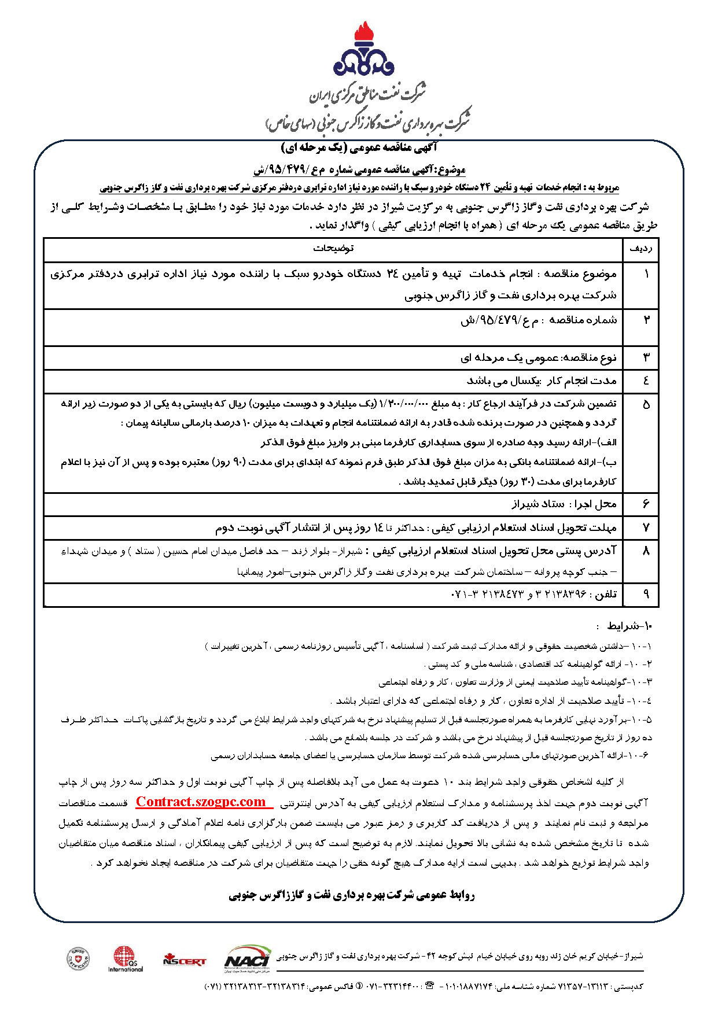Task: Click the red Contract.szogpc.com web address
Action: (201, 802)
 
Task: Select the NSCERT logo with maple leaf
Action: (184, 959)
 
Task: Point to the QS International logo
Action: (125, 958)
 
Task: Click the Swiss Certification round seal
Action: (78, 958)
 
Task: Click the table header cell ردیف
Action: (640, 249)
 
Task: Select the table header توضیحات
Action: (333, 249)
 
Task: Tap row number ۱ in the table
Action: (646, 274)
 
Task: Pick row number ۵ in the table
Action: (646, 404)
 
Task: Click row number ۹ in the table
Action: (646, 594)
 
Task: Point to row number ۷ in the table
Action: (646, 527)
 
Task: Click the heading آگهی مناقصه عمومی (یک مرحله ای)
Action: (359, 149)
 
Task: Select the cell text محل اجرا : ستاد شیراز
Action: (564, 504)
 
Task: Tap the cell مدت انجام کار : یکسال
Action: (541, 381)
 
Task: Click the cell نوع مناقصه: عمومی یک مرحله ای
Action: (538, 358)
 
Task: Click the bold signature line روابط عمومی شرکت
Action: (352, 896)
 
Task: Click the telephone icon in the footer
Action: (429, 986)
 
